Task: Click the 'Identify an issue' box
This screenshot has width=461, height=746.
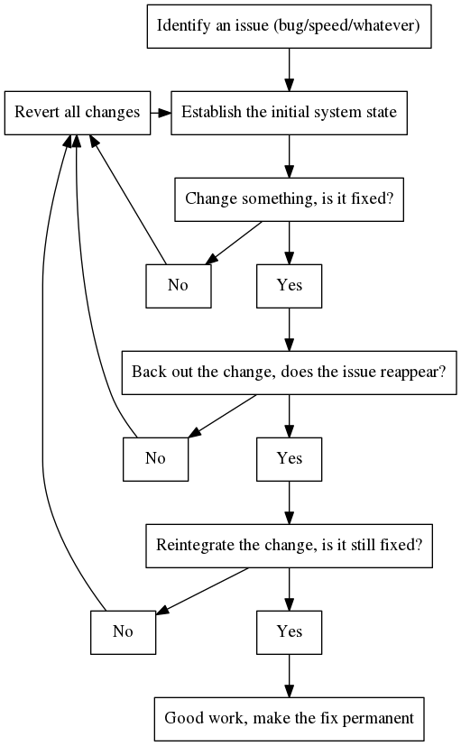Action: point(290,26)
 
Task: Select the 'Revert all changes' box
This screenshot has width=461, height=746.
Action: point(78,113)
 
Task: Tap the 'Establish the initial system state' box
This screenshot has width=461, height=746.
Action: point(290,113)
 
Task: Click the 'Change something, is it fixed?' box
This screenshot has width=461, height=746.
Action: point(290,199)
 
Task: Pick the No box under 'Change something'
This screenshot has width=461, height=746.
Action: point(179,286)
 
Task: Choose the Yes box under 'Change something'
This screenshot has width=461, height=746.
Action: point(290,286)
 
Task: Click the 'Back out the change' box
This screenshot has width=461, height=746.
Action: point(290,373)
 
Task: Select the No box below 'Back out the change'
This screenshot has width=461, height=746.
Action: point(155,459)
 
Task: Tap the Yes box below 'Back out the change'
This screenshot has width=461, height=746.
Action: point(290,459)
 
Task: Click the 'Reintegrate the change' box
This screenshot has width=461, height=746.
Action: point(290,546)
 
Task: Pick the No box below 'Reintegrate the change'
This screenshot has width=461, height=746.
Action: point(124,632)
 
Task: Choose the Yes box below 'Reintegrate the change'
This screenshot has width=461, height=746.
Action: point(290,632)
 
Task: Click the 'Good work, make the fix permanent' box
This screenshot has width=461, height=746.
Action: point(290,719)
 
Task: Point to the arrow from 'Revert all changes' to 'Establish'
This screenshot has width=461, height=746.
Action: point(161,113)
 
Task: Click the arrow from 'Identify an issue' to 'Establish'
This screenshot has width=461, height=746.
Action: point(290,69)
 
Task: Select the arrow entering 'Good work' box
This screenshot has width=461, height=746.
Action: point(290,676)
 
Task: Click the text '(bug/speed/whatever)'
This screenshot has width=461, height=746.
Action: point(346,25)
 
